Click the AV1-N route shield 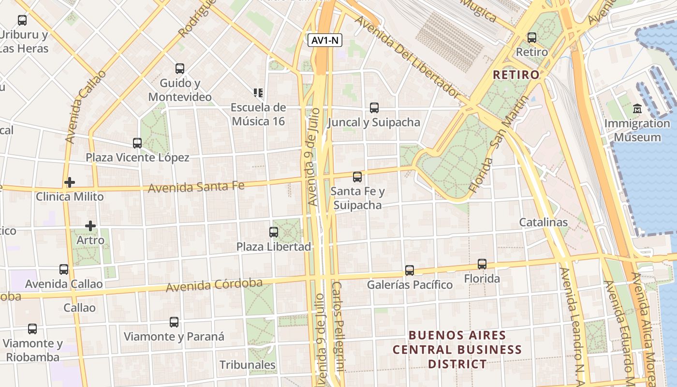(x=325, y=41)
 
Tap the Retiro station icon (x=532, y=37)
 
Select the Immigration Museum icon (x=637, y=109)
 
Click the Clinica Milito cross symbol (x=70, y=182)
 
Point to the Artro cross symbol (x=90, y=226)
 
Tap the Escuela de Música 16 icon (x=258, y=92)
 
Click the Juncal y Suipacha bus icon (x=374, y=108)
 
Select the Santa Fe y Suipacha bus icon (x=357, y=177)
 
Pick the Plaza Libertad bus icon (x=274, y=232)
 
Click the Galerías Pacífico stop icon (x=410, y=270)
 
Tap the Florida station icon (x=482, y=264)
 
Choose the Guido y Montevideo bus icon (x=180, y=69)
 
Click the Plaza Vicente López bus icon (x=137, y=143)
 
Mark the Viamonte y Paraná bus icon (x=174, y=322)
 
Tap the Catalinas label (x=543, y=223)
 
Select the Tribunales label (x=248, y=365)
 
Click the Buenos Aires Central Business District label (x=457, y=349)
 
